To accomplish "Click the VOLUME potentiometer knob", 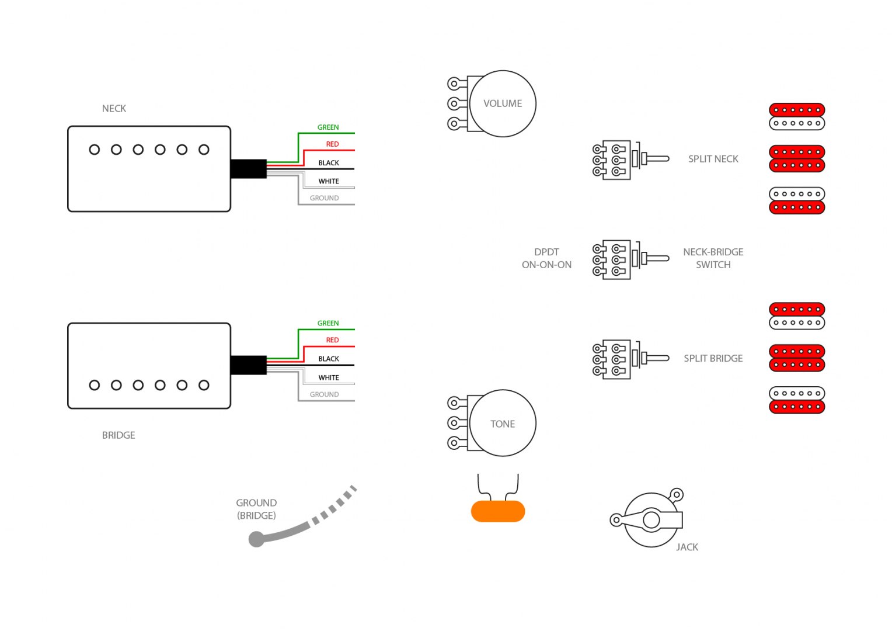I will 502,103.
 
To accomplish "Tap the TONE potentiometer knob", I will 502,424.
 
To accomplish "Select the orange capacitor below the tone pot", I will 497,511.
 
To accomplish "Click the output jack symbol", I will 651,519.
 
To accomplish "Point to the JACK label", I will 687,547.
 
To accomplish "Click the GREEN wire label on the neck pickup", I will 327,127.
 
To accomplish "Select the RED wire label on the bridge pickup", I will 332,340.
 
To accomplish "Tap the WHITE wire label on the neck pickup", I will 329,182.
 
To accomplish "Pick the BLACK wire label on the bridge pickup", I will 329,359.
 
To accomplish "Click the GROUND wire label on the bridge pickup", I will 324,395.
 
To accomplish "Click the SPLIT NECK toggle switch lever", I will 656,158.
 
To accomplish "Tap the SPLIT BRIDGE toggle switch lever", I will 656,358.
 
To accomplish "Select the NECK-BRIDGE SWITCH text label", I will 713,258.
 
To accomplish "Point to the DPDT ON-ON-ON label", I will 546,258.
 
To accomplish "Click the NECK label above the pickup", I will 114,109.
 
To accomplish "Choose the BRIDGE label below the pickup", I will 119,435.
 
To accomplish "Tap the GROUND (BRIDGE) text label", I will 256,509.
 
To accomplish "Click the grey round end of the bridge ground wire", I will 256,539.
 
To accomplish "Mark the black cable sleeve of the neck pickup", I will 249,169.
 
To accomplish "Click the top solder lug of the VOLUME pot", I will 454,84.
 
